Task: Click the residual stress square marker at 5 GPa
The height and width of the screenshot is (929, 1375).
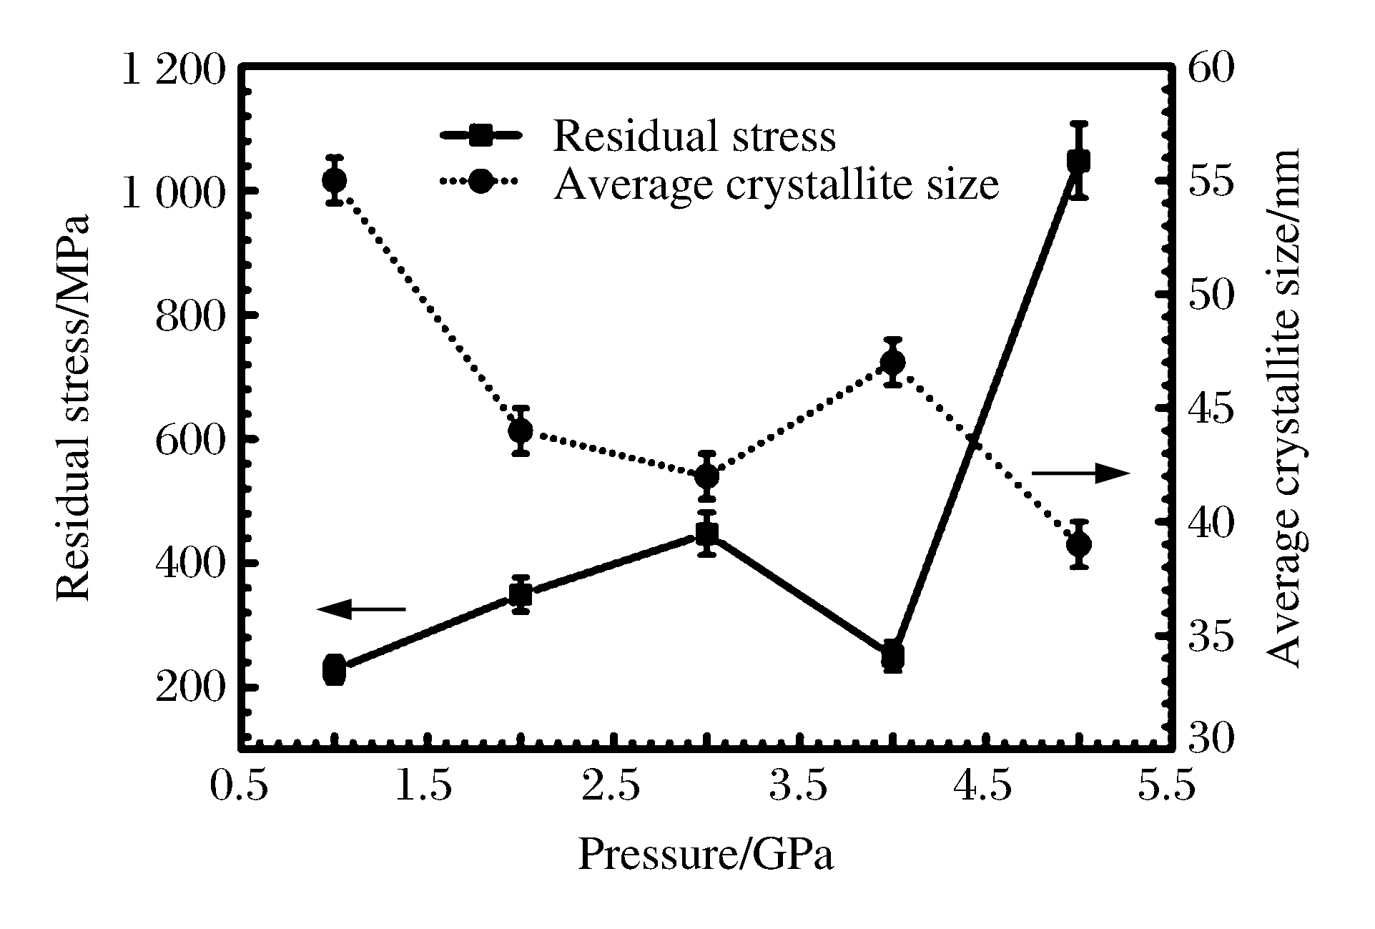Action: pos(1078,161)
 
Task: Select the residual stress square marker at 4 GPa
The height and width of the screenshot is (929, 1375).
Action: pos(892,656)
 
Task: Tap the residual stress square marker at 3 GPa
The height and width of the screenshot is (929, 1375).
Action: pos(707,534)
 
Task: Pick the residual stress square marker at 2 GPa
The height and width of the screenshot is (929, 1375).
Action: pos(521,594)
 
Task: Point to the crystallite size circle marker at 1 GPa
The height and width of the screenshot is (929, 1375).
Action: pos(335,180)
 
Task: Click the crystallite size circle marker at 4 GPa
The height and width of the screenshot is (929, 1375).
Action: pos(892,363)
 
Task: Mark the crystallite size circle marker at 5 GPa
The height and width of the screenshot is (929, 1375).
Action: pos(1078,545)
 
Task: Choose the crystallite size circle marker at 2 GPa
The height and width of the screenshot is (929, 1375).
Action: pos(521,431)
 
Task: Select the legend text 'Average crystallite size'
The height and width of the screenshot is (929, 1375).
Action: pos(776,184)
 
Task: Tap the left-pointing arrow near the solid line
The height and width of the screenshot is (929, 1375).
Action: pos(361,609)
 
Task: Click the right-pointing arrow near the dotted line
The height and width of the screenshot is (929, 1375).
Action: pos(1080,473)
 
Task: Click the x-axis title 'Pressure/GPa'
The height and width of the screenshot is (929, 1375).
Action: pos(706,854)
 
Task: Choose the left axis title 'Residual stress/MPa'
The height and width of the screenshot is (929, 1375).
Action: pos(74,408)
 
